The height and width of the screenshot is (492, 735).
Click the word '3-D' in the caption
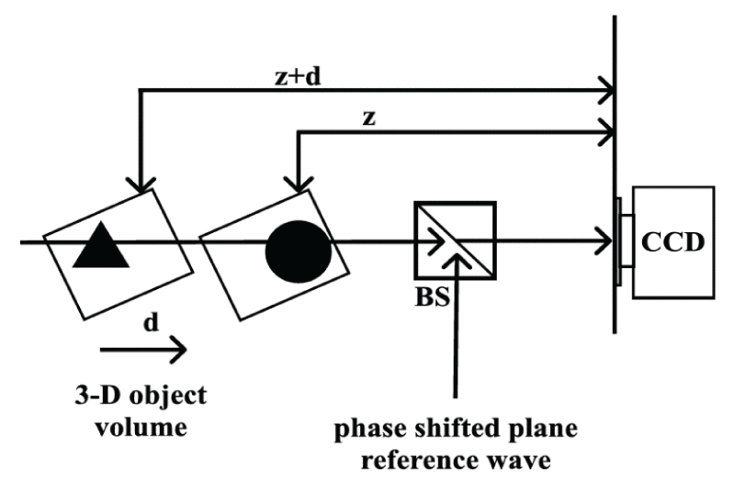coord(95,397)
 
